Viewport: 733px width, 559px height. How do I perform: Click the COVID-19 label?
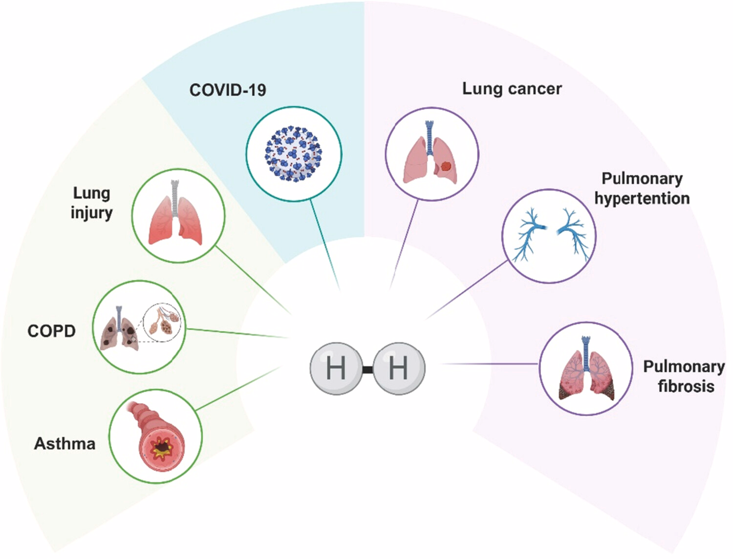228,90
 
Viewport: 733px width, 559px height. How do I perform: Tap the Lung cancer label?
512,89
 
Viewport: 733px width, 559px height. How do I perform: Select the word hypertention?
642,199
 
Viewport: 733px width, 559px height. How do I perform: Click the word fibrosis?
686,386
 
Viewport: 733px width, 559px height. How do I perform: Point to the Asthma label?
65,444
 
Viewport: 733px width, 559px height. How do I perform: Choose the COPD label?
51,331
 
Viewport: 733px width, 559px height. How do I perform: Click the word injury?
91,213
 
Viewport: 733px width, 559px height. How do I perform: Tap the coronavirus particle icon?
294,154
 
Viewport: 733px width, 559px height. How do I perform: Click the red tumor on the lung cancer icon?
446,166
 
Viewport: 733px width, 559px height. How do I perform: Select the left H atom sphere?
335,368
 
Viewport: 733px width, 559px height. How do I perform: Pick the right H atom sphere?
399,368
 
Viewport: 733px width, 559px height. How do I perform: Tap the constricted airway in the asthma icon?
162,447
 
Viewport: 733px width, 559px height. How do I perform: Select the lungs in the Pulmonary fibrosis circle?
585,370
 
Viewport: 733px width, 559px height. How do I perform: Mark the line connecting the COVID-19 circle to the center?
325,245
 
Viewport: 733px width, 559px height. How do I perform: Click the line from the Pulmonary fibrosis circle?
489,364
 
